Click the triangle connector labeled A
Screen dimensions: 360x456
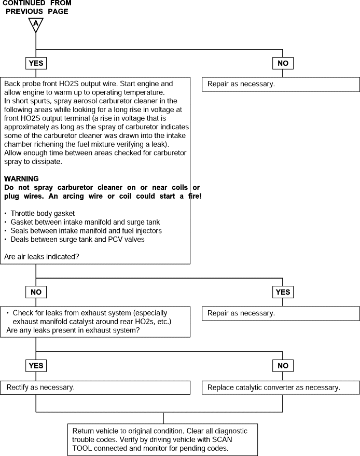tap(36, 24)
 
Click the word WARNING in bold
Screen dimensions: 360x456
tap(21, 178)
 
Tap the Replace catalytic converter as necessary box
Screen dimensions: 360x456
tap(281, 388)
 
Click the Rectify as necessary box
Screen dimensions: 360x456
tap(95, 388)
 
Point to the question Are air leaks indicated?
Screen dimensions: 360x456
tap(41, 257)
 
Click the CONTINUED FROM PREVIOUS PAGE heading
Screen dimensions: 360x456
tap(37, 7)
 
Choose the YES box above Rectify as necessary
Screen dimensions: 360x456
tap(36, 366)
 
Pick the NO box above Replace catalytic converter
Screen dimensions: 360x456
tap(283, 366)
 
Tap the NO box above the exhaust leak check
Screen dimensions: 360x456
tap(36, 292)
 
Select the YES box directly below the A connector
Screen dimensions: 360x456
tap(36, 63)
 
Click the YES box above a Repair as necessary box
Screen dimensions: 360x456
tap(283, 292)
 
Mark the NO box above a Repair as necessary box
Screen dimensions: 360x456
tap(283, 63)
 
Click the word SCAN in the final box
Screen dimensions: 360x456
tap(222, 439)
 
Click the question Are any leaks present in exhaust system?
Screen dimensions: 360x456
tap(73, 330)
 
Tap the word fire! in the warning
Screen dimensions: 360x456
tap(195, 196)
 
